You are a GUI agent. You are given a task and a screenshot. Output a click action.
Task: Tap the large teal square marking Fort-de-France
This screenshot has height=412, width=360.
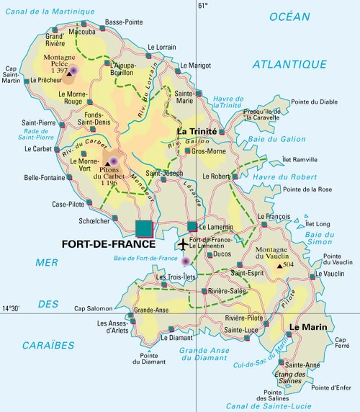tap(144, 228)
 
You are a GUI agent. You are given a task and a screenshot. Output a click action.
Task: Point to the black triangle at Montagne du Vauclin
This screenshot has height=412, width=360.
tap(280, 266)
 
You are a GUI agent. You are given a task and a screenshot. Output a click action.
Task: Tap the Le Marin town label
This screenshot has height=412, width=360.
tap(307, 326)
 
